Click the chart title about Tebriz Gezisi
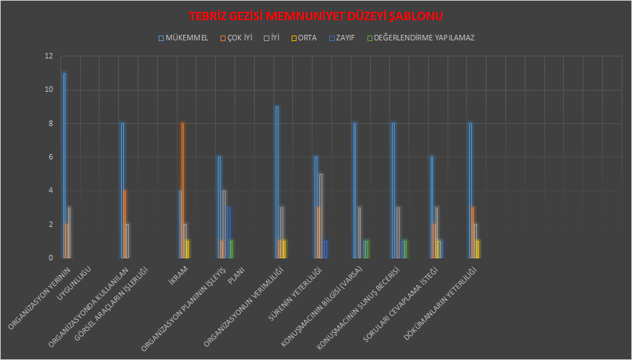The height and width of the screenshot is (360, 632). click(x=316, y=16)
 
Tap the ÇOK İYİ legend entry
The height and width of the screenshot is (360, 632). click(x=239, y=38)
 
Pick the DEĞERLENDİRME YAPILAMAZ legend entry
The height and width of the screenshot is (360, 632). click(x=423, y=38)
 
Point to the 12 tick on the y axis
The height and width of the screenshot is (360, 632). click(x=48, y=56)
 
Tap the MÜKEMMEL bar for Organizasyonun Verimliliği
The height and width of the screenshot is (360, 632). click(x=277, y=182)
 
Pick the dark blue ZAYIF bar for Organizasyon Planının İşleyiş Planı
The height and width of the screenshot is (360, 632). click(x=228, y=233)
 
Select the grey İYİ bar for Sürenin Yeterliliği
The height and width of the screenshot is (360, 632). click(x=321, y=216)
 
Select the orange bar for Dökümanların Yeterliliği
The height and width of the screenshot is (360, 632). click(x=473, y=233)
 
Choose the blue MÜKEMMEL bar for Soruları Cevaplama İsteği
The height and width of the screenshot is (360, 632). click(x=432, y=208)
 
